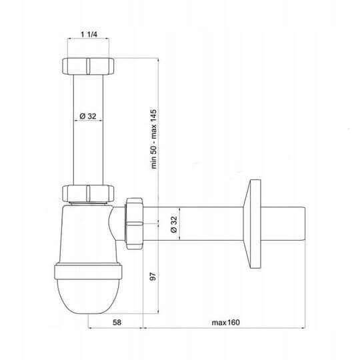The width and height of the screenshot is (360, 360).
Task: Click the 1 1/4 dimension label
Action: (89, 34)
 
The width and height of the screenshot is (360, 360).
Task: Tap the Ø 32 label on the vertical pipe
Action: (88, 116)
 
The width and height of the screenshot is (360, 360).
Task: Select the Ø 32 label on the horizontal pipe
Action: (174, 224)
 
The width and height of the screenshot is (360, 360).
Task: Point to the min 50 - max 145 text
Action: (153, 139)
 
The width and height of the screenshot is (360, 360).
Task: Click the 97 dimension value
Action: (153, 276)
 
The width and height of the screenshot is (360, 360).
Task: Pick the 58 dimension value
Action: (117, 323)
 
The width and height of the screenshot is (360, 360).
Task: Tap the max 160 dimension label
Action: (225, 323)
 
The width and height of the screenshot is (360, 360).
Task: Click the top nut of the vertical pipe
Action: (88, 66)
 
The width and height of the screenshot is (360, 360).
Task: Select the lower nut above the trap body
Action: (88, 193)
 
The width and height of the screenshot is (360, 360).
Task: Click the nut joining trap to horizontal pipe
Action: (134, 223)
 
